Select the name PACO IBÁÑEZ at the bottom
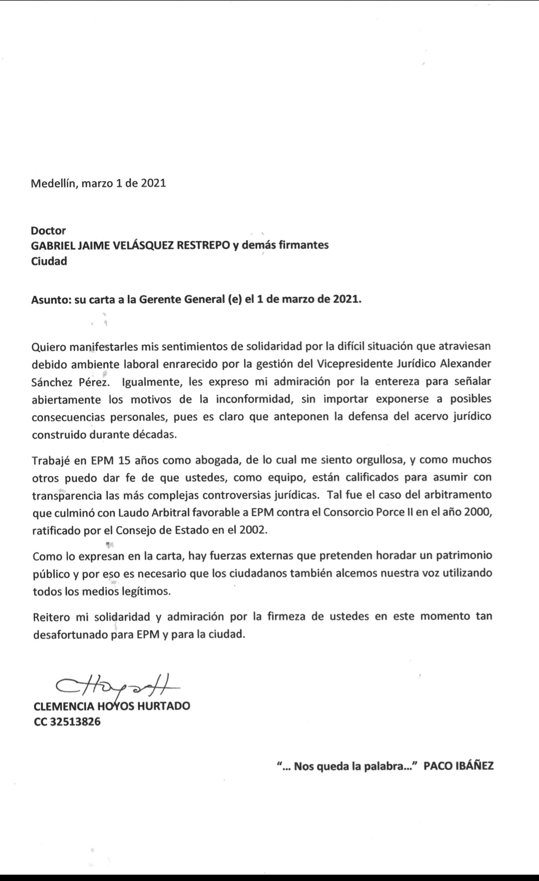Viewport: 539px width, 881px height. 459,766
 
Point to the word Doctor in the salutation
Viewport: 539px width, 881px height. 48,230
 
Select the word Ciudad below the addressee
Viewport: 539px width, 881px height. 49,261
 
